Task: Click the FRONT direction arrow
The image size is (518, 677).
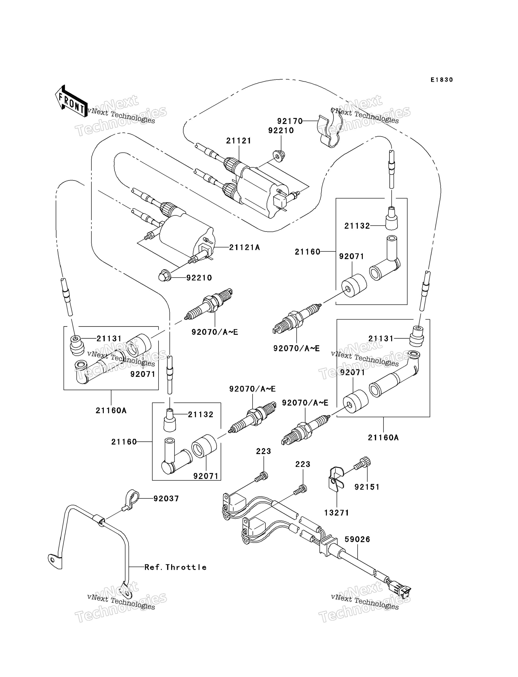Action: pyautogui.click(x=71, y=101)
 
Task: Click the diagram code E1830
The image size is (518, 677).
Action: pyautogui.click(x=442, y=80)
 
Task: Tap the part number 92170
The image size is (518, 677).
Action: pyautogui.click(x=290, y=121)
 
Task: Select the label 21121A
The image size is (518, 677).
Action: pyautogui.click(x=245, y=247)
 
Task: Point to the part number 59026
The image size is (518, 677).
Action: pyautogui.click(x=357, y=539)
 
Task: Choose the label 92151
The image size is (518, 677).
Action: pyautogui.click(x=367, y=487)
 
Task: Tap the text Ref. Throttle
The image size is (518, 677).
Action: pyautogui.click(x=175, y=567)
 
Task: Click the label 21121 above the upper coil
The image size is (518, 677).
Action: pyautogui.click(x=239, y=141)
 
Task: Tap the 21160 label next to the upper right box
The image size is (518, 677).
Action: pyautogui.click(x=308, y=252)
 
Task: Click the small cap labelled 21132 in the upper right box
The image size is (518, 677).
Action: pyautogui.click(x=392, y=218)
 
